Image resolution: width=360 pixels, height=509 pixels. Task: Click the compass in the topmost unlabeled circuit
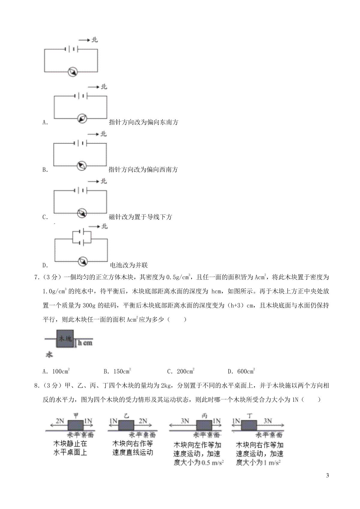click(72, 71)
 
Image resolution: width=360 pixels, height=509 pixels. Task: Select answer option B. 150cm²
click(117, 372)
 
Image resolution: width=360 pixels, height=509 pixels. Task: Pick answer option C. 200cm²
click(181, 372)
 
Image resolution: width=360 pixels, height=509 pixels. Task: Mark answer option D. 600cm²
click(241, 372)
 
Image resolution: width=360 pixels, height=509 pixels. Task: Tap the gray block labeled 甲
click(76, 426)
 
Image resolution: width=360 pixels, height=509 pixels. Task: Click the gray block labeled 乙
click(126, 426)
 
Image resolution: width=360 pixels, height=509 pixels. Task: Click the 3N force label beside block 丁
click(267, 421)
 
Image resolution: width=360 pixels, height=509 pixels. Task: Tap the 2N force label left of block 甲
click(59, 421)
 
